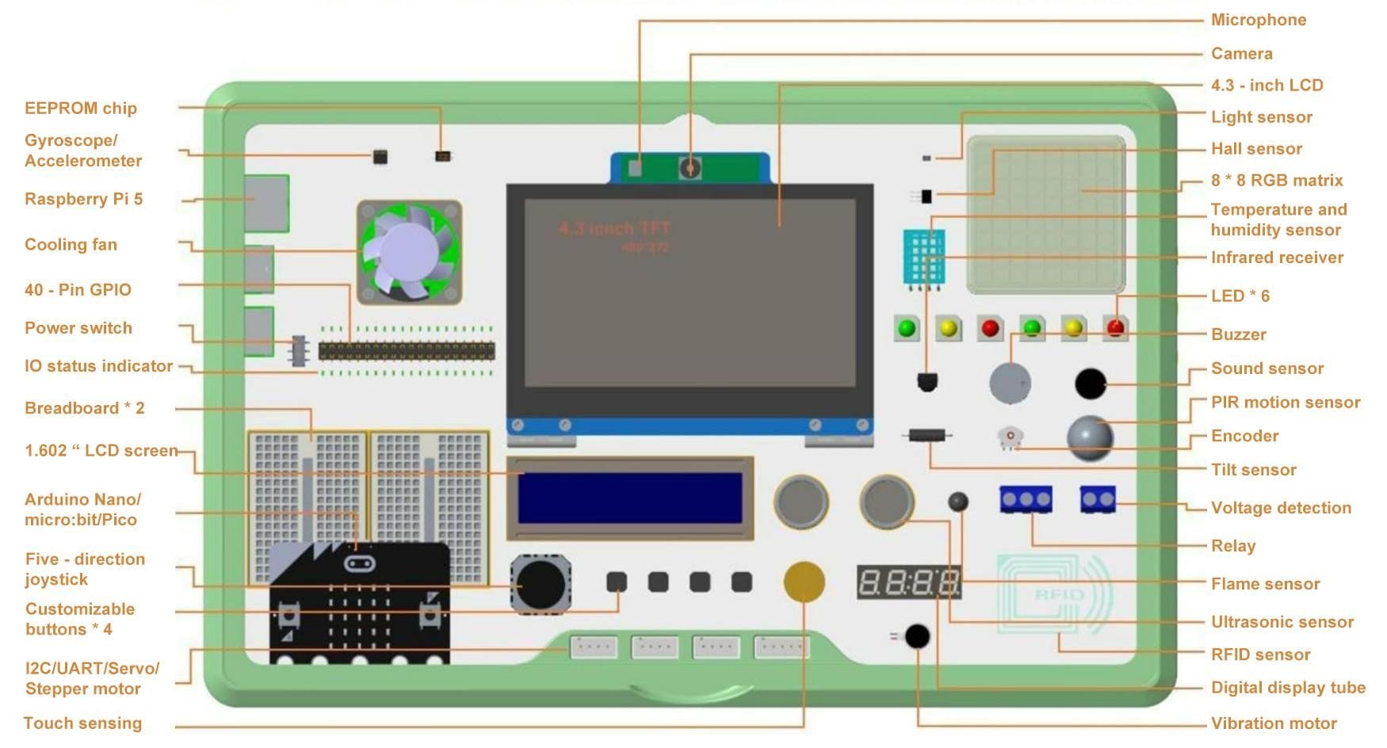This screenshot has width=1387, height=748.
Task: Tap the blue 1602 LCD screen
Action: [x=630, y=498]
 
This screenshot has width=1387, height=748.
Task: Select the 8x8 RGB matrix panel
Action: [x=1045, y=215]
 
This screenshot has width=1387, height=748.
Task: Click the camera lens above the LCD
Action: [x=690, y=167]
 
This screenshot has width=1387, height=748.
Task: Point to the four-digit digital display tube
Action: [x=909, y=583]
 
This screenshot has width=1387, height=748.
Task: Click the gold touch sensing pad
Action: [x=804, y=582]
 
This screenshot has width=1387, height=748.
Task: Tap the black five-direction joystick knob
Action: [x=542, y=585]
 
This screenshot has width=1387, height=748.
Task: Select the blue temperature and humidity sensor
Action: [x=923, y=257]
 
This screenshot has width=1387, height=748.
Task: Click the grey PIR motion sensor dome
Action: [x=1090, y=438]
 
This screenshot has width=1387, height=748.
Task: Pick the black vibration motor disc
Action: [x=917, y=635]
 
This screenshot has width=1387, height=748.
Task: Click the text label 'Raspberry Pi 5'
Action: [x=83, y=199]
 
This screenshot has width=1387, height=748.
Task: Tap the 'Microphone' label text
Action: [x=1258, y=20]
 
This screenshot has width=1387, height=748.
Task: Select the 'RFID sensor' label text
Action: [x=1260, y=654]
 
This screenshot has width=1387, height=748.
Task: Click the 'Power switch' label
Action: [x=78, y=328]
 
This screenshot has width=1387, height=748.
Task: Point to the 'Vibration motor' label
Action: [x=1273, y=723]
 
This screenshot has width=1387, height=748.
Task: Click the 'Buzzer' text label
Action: [x=1238, y=334]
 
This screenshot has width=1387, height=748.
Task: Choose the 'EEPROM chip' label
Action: [x=80, y=109]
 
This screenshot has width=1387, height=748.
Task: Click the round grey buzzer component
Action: [x=1010, y=383]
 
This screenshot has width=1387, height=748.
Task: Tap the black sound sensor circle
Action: [x=1090, y=384]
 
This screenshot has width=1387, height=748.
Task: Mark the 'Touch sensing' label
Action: [x=82, y=723]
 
